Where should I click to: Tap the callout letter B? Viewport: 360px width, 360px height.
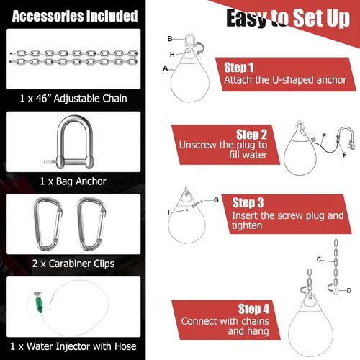170,39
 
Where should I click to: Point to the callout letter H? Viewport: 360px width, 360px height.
172,55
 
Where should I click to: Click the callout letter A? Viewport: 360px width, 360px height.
165,68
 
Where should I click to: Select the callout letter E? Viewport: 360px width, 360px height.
324,136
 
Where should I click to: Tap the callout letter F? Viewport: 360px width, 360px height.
345,155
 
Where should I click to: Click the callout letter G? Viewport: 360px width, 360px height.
216,200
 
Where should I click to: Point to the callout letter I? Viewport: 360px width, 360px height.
168,212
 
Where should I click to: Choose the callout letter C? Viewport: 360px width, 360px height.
319,259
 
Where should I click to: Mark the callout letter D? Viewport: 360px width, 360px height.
349,291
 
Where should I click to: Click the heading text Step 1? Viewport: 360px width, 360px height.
239,68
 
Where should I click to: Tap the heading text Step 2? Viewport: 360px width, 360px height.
251,135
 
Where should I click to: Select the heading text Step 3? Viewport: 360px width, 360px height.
248,202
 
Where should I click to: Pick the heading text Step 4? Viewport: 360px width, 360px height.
253,309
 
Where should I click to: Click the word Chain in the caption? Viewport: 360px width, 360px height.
114,99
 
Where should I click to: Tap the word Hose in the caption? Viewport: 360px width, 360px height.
125,346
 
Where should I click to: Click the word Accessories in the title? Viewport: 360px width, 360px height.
48,16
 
